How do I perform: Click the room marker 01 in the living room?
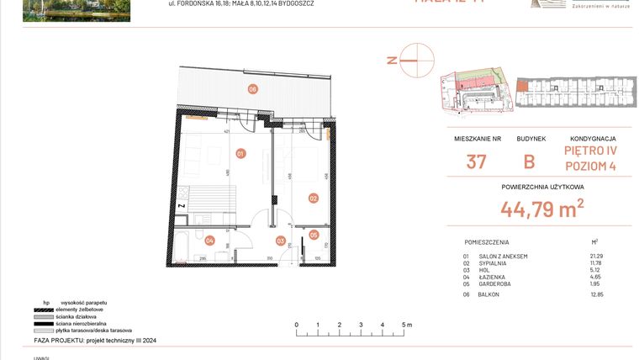(x=240, y=154)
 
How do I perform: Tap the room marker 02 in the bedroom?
(x=313, y=199)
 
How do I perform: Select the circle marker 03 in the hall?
(x=280, y=241)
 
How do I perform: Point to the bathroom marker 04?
(x=210, y=241)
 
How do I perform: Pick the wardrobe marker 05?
(x=314, y=236)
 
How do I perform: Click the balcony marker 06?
(x=251, y=89)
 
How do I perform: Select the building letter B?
(x=530, y=161)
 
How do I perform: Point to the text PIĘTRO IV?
(x=591, y=151)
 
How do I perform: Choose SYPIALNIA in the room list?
(x=494, y=263)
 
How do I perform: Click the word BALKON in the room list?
(x=489, y=295)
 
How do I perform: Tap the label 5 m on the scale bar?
(x=406, y=324)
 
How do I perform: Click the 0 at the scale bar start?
(x=296, y=324)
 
